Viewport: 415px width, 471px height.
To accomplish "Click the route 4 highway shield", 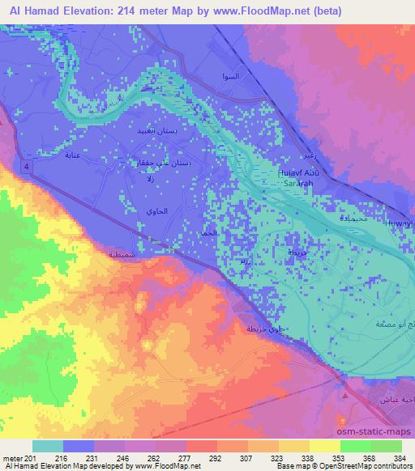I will (x=28, y=166).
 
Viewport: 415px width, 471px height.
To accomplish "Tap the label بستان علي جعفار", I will (x=162, y=163).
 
